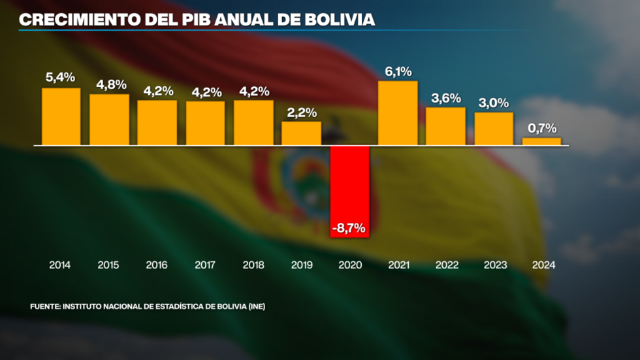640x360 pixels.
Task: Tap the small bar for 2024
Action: [542, 141]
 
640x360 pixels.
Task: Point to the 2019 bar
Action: [302, 133]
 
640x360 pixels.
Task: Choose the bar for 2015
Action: [109, 120]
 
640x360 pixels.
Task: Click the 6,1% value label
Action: [398, 72]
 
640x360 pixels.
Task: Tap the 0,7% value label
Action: [542, 129]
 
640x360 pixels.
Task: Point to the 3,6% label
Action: [446, 99]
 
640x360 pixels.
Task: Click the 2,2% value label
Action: [302, 112]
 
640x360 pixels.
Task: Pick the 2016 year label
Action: [157, 265]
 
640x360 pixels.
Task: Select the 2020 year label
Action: [350, 265]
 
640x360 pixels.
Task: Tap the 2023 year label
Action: [494, 265]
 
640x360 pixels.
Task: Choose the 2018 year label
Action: [253, 265]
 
